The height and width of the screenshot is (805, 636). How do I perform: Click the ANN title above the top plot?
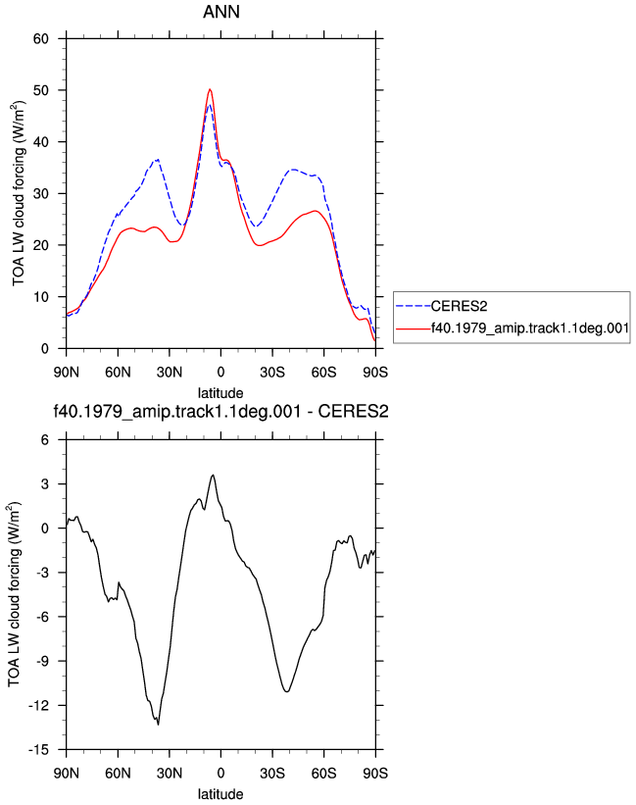221,12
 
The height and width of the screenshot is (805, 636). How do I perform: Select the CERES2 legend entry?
459,306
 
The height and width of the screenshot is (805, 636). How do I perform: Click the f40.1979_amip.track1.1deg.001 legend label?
530,328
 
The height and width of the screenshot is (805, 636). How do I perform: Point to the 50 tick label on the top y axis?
41,90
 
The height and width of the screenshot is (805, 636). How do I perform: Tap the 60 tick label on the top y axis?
41,38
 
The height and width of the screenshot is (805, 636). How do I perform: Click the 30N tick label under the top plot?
170,372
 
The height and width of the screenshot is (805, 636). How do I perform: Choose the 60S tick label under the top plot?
323,372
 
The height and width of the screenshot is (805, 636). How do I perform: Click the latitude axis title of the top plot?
220,393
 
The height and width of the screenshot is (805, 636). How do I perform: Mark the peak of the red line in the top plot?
210,89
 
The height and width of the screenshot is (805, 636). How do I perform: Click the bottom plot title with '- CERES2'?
221,411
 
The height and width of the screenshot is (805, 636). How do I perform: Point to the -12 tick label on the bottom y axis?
39,705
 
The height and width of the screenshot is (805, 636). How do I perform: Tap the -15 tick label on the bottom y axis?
39,749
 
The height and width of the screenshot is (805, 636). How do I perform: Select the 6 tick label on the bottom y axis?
45,439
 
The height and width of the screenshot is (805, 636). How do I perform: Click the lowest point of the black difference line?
158,725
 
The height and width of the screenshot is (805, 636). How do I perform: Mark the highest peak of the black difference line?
213,475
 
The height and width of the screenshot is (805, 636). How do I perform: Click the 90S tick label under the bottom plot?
375,773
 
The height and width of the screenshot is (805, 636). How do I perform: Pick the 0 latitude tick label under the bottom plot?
220,773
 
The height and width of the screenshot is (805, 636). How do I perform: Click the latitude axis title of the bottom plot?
220,793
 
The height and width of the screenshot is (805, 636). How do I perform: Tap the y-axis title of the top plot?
19,193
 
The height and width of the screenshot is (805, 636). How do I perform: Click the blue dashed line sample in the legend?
414,307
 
